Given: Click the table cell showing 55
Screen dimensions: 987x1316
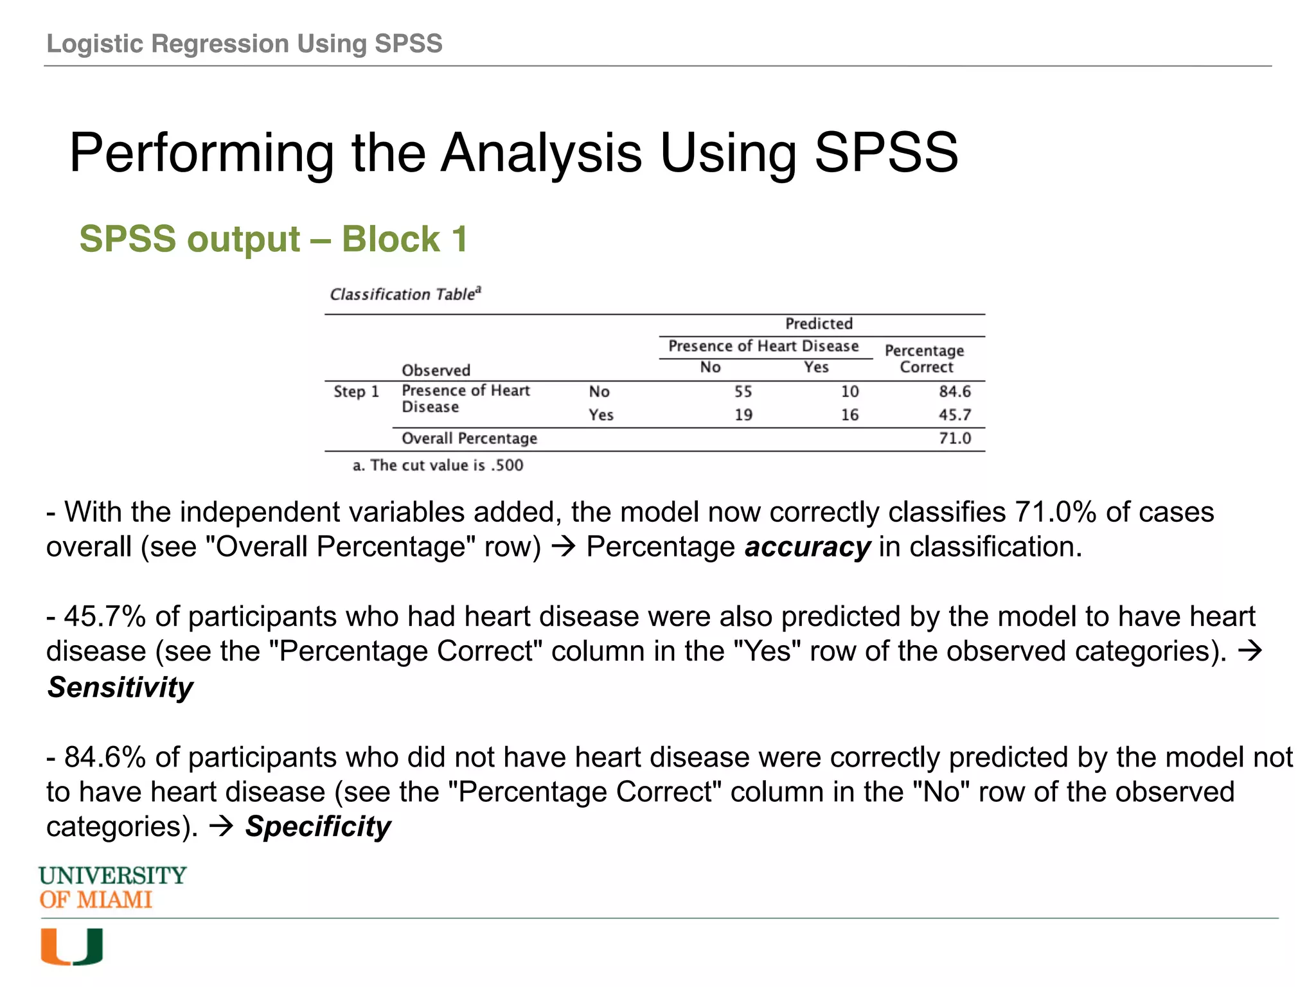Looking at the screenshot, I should point(743,391).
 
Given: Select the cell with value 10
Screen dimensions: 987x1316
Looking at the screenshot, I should point(849,391).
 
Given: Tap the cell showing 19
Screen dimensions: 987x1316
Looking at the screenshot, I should point(743,415).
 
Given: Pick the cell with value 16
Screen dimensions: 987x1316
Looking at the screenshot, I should point(849,415).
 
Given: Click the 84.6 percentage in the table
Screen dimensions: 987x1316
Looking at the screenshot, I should point(954,391).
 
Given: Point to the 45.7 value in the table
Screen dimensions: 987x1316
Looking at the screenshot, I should point(954,415).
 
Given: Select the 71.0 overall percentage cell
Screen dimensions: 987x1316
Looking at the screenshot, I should point(954,438).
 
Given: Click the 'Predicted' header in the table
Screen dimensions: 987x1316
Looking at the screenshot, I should point(819,324).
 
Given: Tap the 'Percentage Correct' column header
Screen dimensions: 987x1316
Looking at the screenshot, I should point(925,359).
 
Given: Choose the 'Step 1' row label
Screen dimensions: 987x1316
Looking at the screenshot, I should point(356,391).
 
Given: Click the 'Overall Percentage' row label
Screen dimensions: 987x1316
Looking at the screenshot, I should point(469,438).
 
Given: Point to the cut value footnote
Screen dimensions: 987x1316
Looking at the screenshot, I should point(438,465).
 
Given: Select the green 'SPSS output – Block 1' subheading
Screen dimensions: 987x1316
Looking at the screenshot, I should point(273,239).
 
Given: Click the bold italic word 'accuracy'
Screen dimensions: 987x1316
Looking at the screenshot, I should point(807,547).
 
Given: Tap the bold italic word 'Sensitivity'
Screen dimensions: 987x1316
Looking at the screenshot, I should point(120,688).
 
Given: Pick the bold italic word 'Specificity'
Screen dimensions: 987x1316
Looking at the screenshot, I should point(318,826).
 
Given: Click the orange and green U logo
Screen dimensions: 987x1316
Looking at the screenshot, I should point(71,947).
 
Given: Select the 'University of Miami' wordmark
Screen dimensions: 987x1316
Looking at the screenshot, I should point(112,887).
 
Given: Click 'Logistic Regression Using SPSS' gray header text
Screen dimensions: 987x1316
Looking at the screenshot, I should point(244,44).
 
